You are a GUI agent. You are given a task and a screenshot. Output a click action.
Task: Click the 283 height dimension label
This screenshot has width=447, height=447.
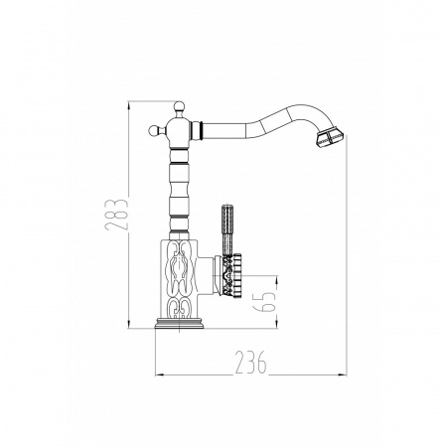click(x=116, y=214)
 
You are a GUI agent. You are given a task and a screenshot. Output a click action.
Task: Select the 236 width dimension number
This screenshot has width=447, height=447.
click(x=250, y=362)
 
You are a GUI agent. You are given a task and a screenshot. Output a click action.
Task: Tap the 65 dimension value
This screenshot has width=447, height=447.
click(x=264, y=302)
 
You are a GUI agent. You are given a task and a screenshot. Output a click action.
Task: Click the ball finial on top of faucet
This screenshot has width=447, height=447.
click(x=179, y=106)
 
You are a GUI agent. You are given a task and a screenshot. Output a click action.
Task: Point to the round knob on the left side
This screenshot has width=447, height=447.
click(x=154, y=130)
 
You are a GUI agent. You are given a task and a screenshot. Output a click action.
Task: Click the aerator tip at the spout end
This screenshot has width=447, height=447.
click(x=330, y=138)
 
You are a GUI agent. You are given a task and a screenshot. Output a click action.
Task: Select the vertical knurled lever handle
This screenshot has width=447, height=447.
click(x=227, y=230)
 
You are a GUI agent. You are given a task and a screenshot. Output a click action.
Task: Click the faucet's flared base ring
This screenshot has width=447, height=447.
click(x=179, y=323)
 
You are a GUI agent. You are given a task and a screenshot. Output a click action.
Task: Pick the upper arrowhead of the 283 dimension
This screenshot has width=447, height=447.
click(x=128, y=105)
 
